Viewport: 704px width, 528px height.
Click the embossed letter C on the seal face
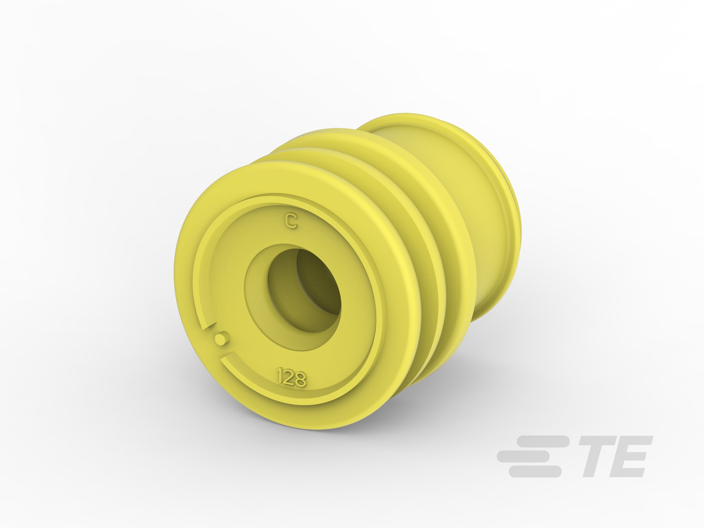point(291,221)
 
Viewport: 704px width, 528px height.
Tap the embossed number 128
point(292,378)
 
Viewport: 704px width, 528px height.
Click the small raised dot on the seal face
point(221,338)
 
